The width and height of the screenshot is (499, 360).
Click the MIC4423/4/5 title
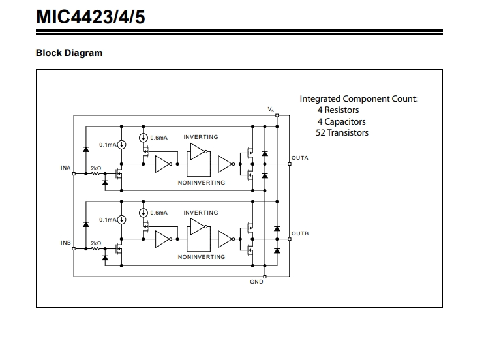click(x=91, y=17)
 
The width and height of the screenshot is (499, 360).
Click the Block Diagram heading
click(x=69, y=53)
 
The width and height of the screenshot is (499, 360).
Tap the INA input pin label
click(x=66, y=168)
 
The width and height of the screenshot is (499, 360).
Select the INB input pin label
click(x=66, y=243)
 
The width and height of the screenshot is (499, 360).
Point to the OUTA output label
click(x=300, y=158)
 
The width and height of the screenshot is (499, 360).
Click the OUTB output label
click(x=300, y=233)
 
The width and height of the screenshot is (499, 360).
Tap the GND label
click(x=256, y=282)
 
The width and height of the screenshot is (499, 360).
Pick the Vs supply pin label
click(x=271, y=110)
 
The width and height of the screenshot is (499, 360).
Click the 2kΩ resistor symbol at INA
click(x=95, y=173)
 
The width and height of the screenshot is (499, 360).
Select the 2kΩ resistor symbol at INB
click(x=95, y=248)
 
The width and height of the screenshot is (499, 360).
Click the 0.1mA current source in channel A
click(x=121, y=145)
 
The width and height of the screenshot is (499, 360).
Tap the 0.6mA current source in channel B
click(x=144, y=213)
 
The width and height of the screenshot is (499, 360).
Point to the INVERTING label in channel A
click(x=201, y=137)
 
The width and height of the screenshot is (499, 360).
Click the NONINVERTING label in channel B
click(x=202, y=257)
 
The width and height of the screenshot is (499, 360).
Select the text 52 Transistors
click(x=342, y=133)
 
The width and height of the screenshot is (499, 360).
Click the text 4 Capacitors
click(x=341, y=121)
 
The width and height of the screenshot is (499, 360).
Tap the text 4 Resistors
click(x=338, y=110)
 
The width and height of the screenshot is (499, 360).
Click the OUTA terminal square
click(x=289, y=164)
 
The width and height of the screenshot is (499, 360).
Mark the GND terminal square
click(x=264, y=277)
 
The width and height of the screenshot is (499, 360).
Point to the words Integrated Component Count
click(x=359, y=98)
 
